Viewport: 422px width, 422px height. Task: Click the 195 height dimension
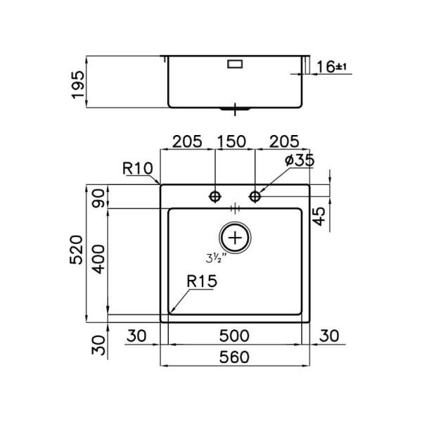[78, 84]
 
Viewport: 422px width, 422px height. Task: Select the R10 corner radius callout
[138, 169]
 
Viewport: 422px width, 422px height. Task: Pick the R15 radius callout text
[202, 281]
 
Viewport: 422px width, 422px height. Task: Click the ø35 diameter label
[300, 160]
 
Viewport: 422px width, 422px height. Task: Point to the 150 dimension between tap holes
[231, 141]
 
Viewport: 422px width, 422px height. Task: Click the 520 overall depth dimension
[76, 250]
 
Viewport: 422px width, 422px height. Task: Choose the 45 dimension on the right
[319, 217]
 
